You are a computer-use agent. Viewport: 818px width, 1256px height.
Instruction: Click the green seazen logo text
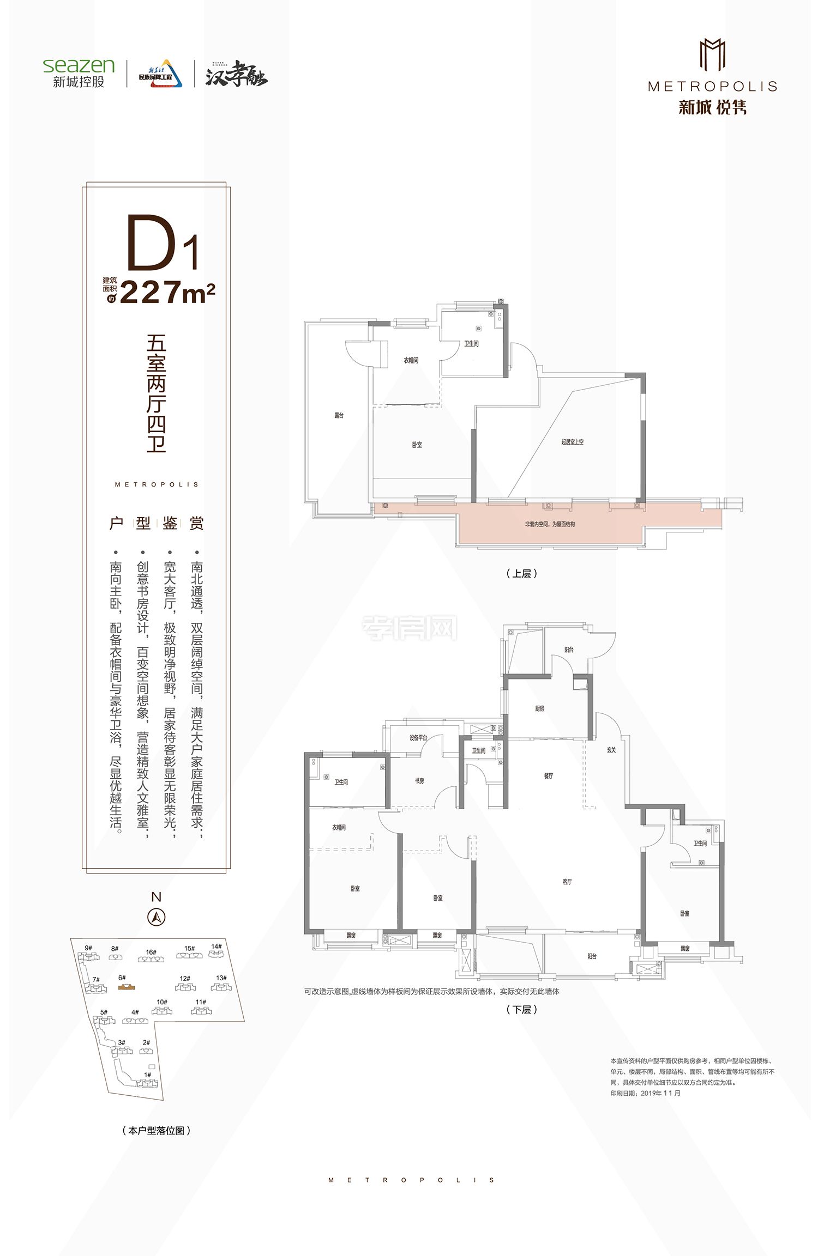(79, 65)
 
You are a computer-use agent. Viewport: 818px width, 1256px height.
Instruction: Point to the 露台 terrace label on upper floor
(339, 415)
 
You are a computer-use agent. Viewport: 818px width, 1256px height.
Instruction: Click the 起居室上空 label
(572, 441)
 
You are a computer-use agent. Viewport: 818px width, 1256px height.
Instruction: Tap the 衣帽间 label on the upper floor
(411, 360)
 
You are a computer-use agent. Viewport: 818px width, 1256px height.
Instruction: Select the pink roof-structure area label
(550, 524)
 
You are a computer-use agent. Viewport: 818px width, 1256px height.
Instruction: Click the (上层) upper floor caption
(522, 573)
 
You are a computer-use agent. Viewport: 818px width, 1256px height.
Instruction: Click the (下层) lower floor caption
(522, 1009)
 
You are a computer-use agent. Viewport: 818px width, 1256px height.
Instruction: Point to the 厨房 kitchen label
(539, 708)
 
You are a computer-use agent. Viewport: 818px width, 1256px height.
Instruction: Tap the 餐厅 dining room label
(548, 775)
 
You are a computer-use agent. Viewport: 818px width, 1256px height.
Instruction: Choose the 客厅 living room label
(567, 881)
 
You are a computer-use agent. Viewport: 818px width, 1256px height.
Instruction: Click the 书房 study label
(419, 781)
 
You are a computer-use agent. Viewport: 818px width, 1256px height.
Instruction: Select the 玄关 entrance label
(611, 750)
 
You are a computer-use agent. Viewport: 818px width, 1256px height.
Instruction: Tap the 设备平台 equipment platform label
(418, 738)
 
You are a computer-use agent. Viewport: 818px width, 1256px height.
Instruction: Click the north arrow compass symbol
(157, 917)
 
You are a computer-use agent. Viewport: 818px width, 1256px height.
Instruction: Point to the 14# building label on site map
(216, 946)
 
